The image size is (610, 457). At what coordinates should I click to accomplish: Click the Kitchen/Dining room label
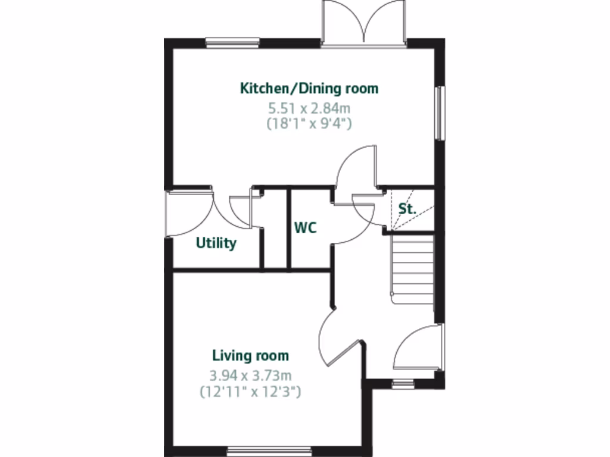(x=309, y=89)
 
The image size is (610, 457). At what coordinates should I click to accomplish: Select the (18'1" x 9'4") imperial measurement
(x=309, y=124)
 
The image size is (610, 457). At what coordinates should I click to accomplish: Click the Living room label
(x=250, y=356)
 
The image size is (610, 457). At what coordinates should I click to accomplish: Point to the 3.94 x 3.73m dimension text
(x=250, y=375)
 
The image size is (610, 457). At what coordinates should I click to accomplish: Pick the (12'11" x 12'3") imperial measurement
(x=250, y=392)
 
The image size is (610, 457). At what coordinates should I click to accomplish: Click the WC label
(x=305, y=228)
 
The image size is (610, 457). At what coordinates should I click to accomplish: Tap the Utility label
(x=216, y=243)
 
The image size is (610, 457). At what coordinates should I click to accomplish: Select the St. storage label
(x=407, y=209)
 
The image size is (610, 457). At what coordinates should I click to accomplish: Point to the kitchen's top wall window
(x=232, y=42)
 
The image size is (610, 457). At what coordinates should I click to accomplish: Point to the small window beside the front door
(x=403, y=384)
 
